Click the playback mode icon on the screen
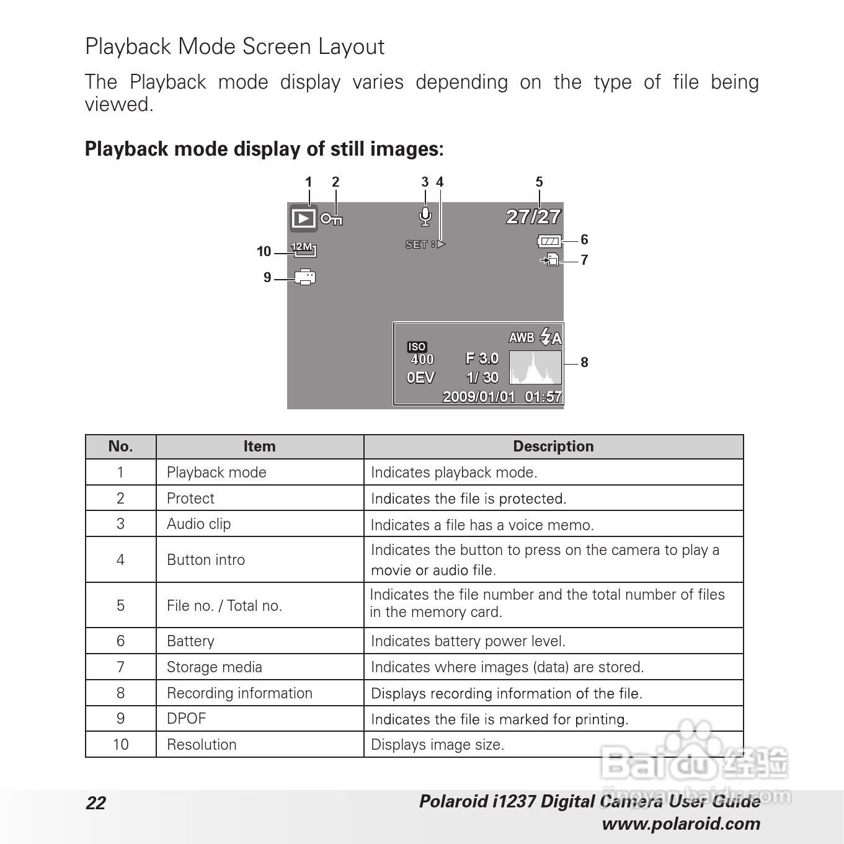coord(303,218)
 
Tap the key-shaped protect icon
coord(332,219)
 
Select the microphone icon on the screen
coord(425,216)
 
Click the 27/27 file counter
coord(533,216)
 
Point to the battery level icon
coord(550,241)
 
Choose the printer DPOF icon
coord(305,277)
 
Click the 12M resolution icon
coord(303,248)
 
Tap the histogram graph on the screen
coord(535,367)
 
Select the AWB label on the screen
coord(522,337)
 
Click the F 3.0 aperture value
coord(482,358)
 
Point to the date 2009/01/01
coord(478,396)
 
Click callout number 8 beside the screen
coord(584,362)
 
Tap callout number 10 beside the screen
coord(264,251)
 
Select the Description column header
coord(553,446)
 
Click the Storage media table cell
coord(215,667)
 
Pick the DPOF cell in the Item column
coord(186,719)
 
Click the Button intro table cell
coord(206,559)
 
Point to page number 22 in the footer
coord(96,803)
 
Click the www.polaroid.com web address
coord(681,824)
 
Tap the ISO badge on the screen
coord(417,347)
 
